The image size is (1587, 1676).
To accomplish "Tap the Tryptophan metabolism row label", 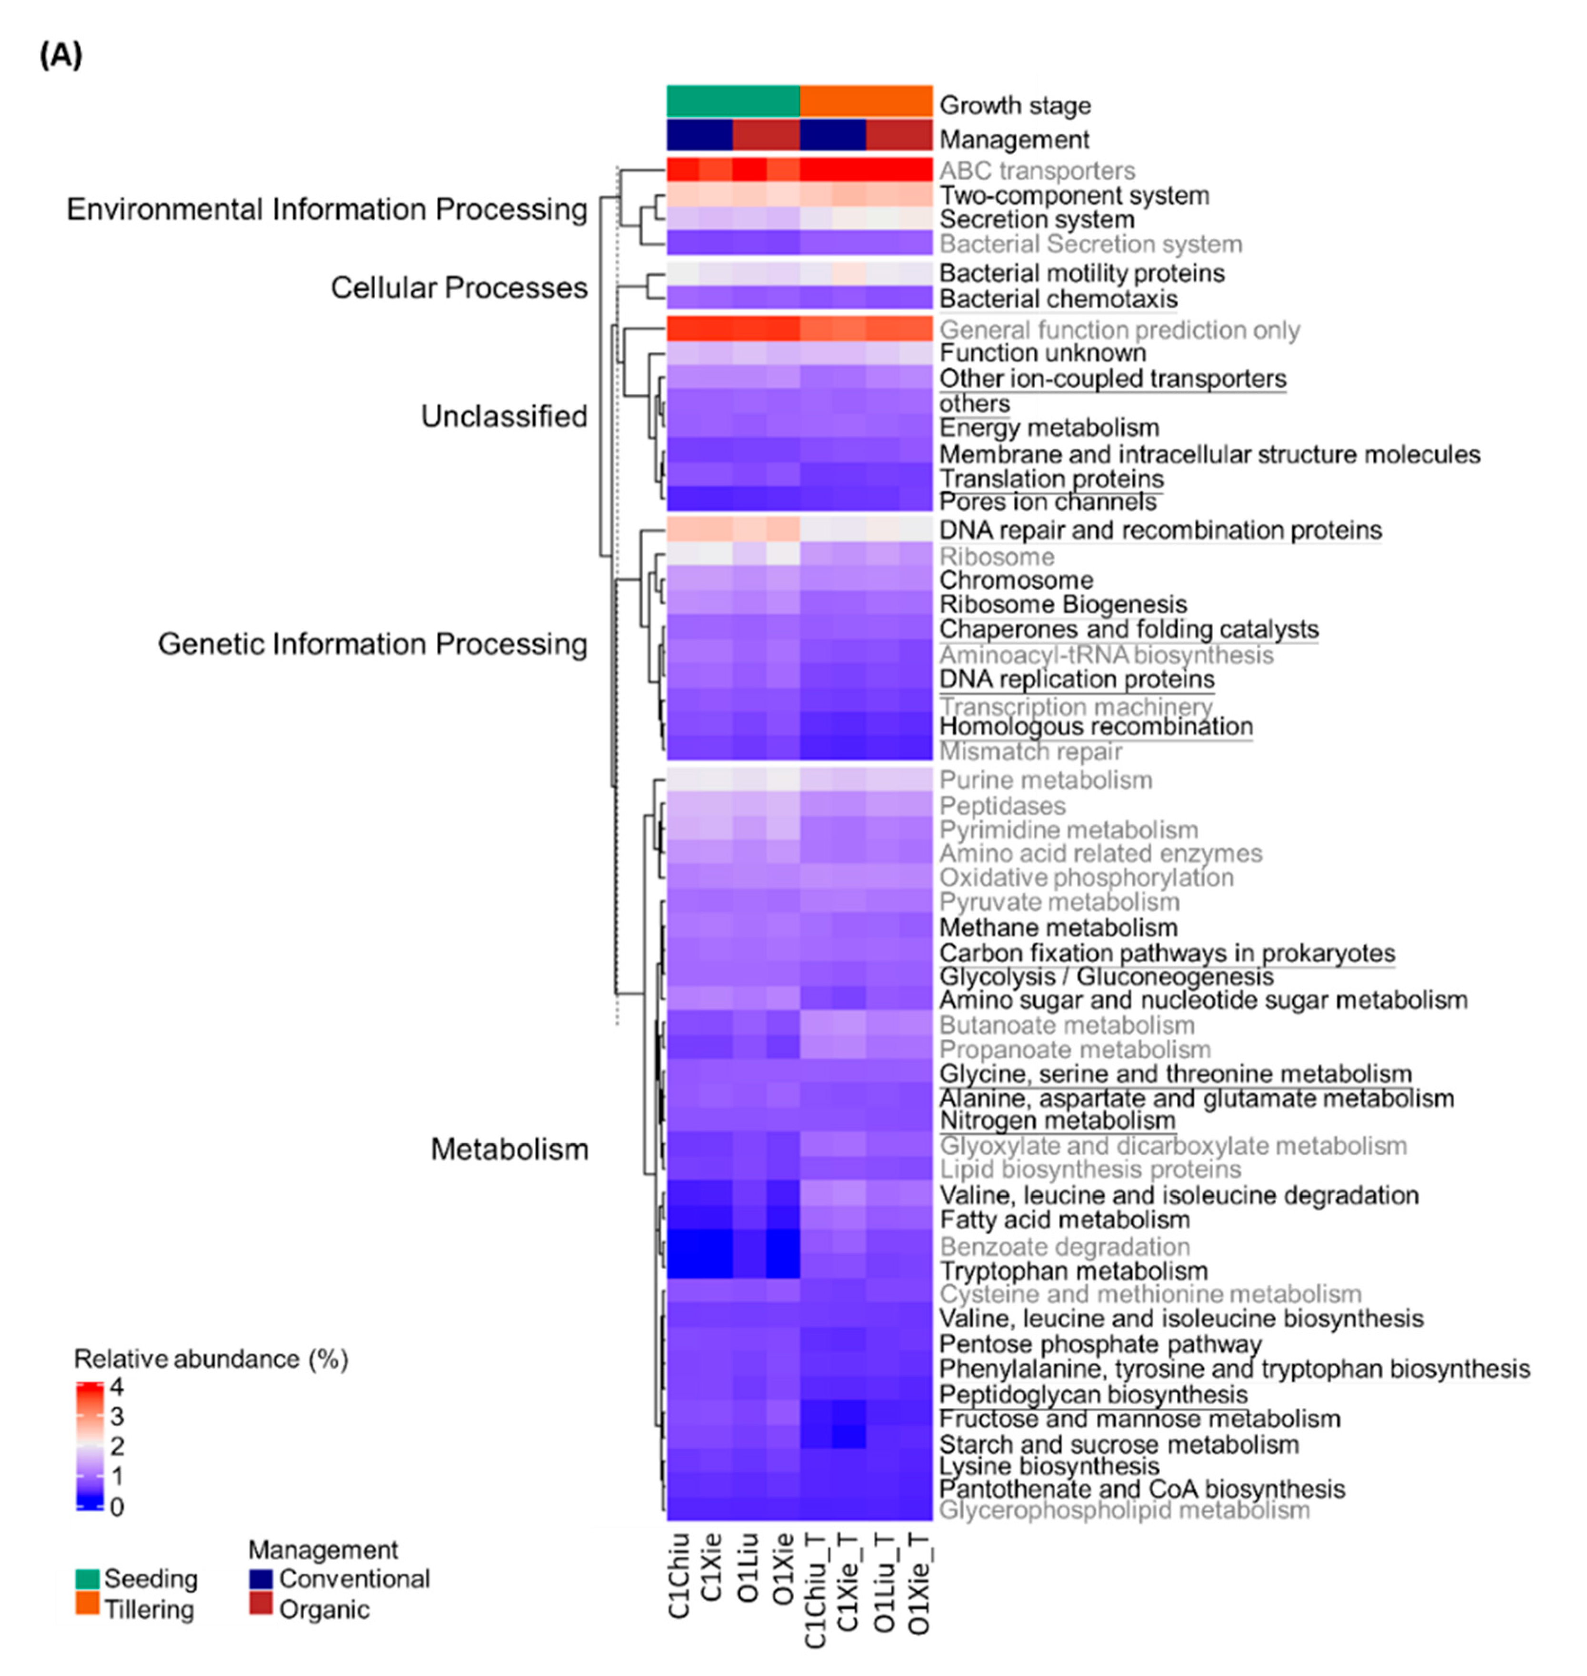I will [x=1073, y=1271].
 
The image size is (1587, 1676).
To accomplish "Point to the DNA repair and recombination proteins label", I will [x=1160, y=530].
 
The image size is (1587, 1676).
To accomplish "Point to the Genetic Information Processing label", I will [x=372, y=644].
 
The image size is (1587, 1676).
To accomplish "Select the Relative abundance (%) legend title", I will [x=210, y=1359].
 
